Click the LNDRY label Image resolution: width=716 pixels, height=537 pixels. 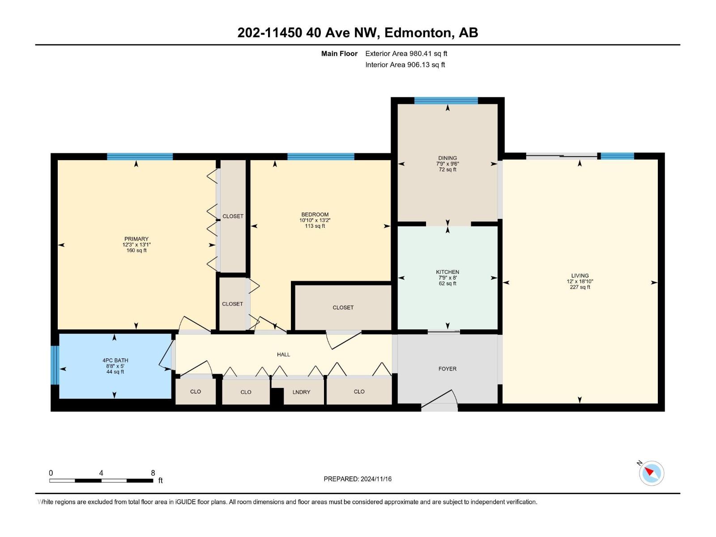point(301,392)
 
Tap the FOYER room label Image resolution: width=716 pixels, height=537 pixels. point(447,369)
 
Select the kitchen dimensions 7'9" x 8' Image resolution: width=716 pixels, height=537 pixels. point(447,278)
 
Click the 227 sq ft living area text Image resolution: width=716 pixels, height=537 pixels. point(580,287)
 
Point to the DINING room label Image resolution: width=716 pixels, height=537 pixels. point(447,158)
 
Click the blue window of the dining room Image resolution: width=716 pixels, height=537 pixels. point(446,101)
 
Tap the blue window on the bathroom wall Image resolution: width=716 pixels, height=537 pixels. point(55,365)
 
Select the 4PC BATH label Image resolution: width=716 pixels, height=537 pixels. point(115,360)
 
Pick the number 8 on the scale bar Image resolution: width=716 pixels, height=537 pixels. point(153,473)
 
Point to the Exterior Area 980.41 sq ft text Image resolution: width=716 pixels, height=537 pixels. point(406,54)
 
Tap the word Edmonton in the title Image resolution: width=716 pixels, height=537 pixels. point(418,33)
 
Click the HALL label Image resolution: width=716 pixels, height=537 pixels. point(283,354)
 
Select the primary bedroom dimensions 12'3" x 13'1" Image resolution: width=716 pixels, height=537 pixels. point(136,245)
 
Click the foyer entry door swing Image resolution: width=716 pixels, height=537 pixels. point(441,401)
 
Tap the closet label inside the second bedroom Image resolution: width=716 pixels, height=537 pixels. point(343,307)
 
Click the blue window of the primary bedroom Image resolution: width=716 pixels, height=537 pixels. point(140,157)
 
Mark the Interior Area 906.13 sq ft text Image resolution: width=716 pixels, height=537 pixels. point(405,65)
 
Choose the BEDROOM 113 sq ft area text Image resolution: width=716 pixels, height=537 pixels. point(315,226)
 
